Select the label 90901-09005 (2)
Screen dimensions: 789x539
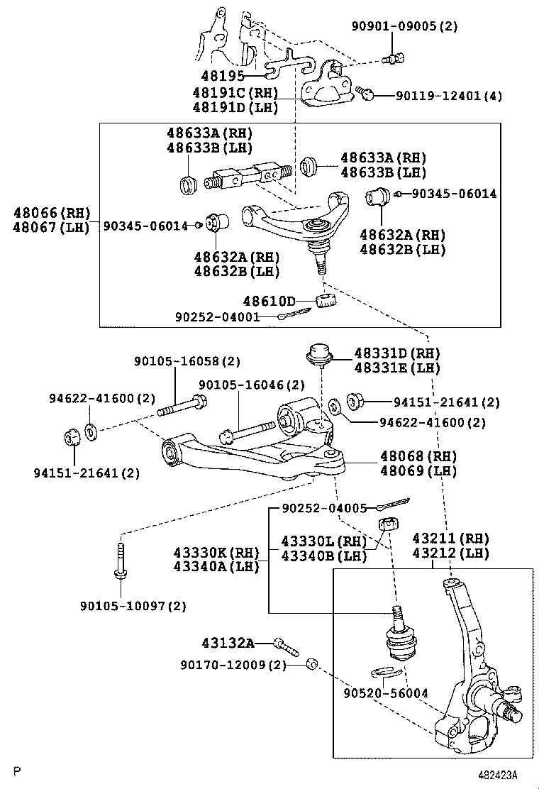(405, 27)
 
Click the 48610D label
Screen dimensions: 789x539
(269, 302)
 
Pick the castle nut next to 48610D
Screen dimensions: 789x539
(326, 299)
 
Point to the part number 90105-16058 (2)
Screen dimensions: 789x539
(178, 361)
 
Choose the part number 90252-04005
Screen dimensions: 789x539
(324, 508)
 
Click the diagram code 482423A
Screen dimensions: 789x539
(497, 774)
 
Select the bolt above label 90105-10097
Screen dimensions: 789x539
(120, 559)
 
